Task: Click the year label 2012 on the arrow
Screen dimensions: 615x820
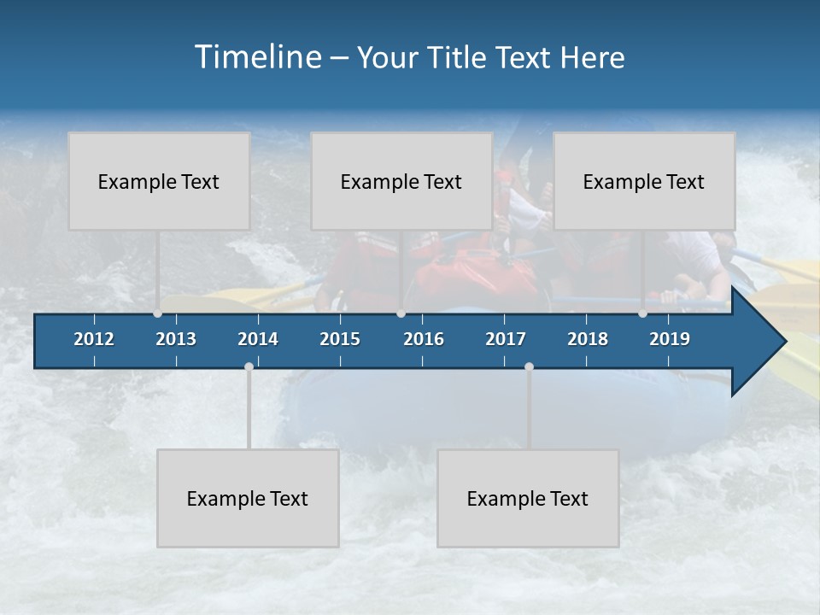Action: pos(94,339)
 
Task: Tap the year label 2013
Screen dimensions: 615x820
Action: pos(176,339)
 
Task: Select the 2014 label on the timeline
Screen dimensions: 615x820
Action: pos(258,339)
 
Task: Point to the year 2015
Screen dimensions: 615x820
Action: pos(340,339)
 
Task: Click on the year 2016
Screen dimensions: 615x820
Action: pos(424,339)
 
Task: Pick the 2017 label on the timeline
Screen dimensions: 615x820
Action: pos(506,339)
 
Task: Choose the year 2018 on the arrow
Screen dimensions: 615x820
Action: pos(588,339)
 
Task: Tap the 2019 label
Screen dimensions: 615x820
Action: pos(670,339)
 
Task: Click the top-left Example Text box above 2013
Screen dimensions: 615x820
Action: pos(159,181)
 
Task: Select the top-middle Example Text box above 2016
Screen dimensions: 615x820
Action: pos(401,181)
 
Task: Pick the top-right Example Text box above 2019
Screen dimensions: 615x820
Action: pos(644,181)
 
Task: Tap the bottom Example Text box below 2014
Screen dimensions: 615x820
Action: pos(248,498)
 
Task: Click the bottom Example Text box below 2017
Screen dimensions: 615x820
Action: pos(528,498)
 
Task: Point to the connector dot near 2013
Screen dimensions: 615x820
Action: pos(158,313)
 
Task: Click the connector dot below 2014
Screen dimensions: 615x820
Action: pos(249,366)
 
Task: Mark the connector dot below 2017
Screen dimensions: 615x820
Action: pos(529,366)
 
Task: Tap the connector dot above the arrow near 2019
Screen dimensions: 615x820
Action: pos(642,313)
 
